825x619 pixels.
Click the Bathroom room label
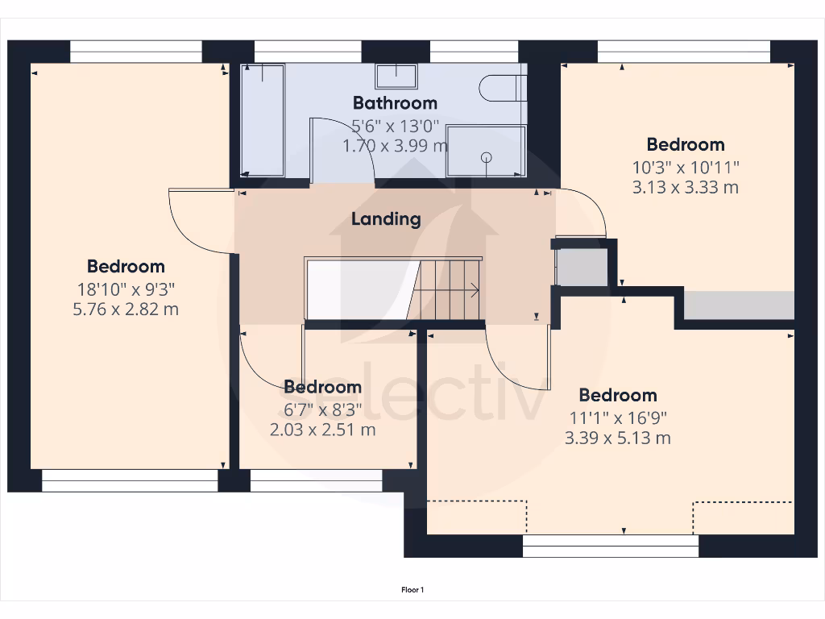tap(395, 103)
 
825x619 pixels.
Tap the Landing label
tap(386, 219)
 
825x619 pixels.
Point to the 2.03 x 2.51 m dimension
tap(322, 430)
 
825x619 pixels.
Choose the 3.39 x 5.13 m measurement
tap(618, 438)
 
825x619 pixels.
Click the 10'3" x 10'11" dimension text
tap(686, 167)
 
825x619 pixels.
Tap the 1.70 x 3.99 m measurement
tap(395, 146)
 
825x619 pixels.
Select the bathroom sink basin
tap(396, 77)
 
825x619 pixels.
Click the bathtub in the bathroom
tap(263, 121)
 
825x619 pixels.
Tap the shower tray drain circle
tap(487, 158)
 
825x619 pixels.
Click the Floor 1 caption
tap(412, 590)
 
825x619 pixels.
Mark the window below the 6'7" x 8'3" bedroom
tap(316, 480)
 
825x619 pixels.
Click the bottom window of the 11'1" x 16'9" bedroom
tap(611, 546)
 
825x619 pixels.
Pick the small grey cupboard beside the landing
tap(582, 268)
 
